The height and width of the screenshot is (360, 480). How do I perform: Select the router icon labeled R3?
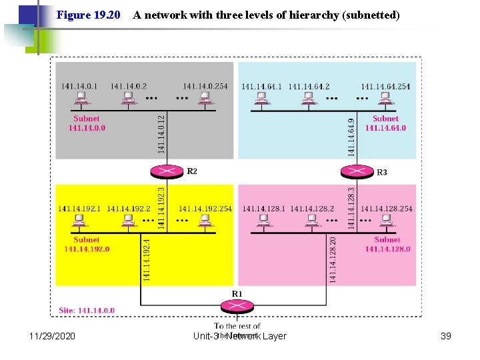pos(357,171)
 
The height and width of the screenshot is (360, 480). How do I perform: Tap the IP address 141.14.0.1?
pos(79,86)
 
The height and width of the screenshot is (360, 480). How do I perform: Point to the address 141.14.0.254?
pos(207,86)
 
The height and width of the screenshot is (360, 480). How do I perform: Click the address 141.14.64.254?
pos(386,86)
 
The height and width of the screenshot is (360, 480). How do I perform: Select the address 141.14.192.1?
pos(79,209)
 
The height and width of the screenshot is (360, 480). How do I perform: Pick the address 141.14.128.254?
pos(387,209)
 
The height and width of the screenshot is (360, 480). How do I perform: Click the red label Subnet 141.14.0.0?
pos(87,123)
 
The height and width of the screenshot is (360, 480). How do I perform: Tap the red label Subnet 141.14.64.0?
pos(385,123)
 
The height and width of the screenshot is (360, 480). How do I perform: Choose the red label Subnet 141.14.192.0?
pos(87,245)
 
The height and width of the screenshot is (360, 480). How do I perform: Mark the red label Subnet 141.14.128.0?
pos(387,245)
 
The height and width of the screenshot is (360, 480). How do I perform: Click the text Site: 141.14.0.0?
pos(87,310)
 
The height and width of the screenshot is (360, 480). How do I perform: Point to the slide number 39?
pos(446,336)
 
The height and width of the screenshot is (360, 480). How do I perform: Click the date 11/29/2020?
pos(53,336)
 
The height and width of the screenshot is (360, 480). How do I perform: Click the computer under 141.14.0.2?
pos(129,98)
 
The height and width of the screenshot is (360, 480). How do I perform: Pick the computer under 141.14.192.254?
pos(205,221)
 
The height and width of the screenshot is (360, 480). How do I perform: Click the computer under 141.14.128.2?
pos(311,221)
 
